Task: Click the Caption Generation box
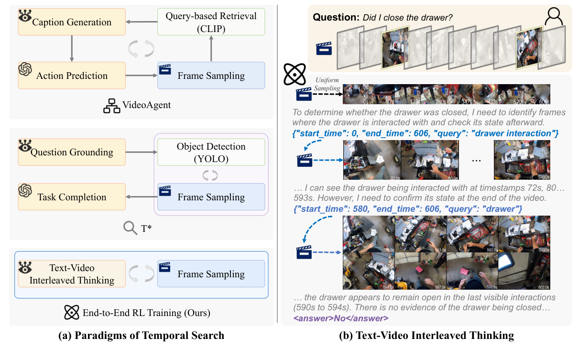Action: pyautogui.click(x=72, y=22)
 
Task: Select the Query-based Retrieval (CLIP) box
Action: pyautogui.click(x=211, y=22)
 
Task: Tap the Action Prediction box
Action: pyautogui.click(x=72, y=76)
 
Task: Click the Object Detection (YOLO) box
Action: pyautogui.click(x=211, y=152)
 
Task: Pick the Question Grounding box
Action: pyautogui.click(x=72, y=153)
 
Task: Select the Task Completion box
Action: pyautogui.click(x=72, y=197)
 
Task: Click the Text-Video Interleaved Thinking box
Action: pyautogui.click(x=72, y=274)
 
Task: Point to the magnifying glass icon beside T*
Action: pyautogui.click(x=131, y=227)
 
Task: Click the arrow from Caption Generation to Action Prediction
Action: pyautogui.click(x=72, y=48)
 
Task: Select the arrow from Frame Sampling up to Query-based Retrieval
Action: pyautogui.click(x=211, y=48)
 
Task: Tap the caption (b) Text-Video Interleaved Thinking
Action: pyautogui.click(x=426, y=336)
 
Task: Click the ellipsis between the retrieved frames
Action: pyautogui.click(x=476, y=161)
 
